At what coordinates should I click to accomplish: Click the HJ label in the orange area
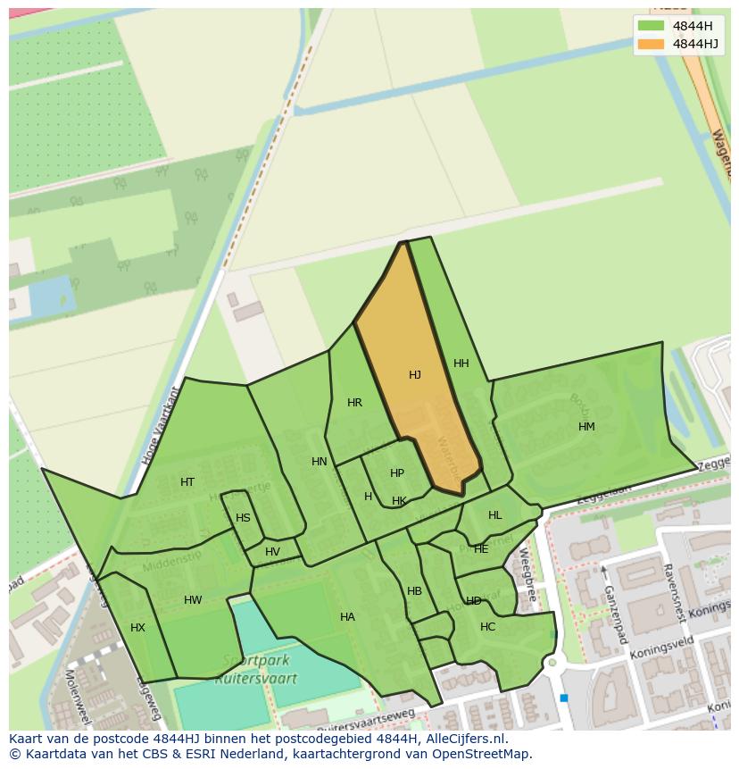tap(415, 375)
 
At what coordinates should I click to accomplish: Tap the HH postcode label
tap(461, 364)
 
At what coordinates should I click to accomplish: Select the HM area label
tap(586, 427)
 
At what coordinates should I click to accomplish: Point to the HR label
tap(354, 403)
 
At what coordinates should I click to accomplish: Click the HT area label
tap(187, 482)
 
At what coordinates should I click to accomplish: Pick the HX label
tap(137, 628)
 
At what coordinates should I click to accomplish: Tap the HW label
tap(193, 600)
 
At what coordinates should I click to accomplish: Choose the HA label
tap(347, 617)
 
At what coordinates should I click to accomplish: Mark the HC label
tap(487, 627)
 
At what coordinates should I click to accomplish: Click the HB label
tap(414, 591)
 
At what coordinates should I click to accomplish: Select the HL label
tap(495, 515)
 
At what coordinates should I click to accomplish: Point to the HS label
tap(243, 518)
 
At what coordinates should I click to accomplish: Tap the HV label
tap(272, 552)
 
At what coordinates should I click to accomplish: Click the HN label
tap(320, 462)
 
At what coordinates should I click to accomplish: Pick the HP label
tap(397, 473)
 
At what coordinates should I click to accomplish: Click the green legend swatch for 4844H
tap(652, 26)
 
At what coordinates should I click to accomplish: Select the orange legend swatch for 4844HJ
tap(652, 44)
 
